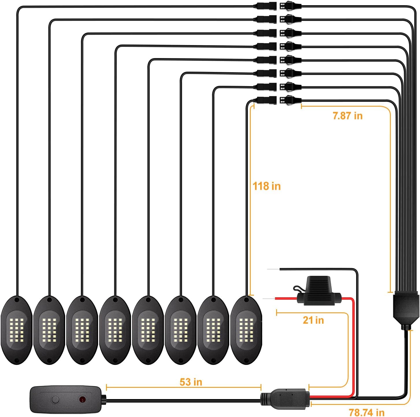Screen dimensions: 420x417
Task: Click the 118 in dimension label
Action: click(x=267, y=186)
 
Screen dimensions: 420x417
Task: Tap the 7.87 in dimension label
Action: click(x=347, y=116)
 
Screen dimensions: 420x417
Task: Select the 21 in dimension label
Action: click(x=313, y=320)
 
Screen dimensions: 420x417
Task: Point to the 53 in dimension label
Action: click(x=191, y=382)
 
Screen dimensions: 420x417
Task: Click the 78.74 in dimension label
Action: click(x=367, y=412)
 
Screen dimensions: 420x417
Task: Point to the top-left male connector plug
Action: click(x=265, y=6)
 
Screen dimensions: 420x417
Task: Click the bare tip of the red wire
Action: click(x=269, y=298)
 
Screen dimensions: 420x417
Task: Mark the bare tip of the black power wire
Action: click(x=273, y=269)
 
